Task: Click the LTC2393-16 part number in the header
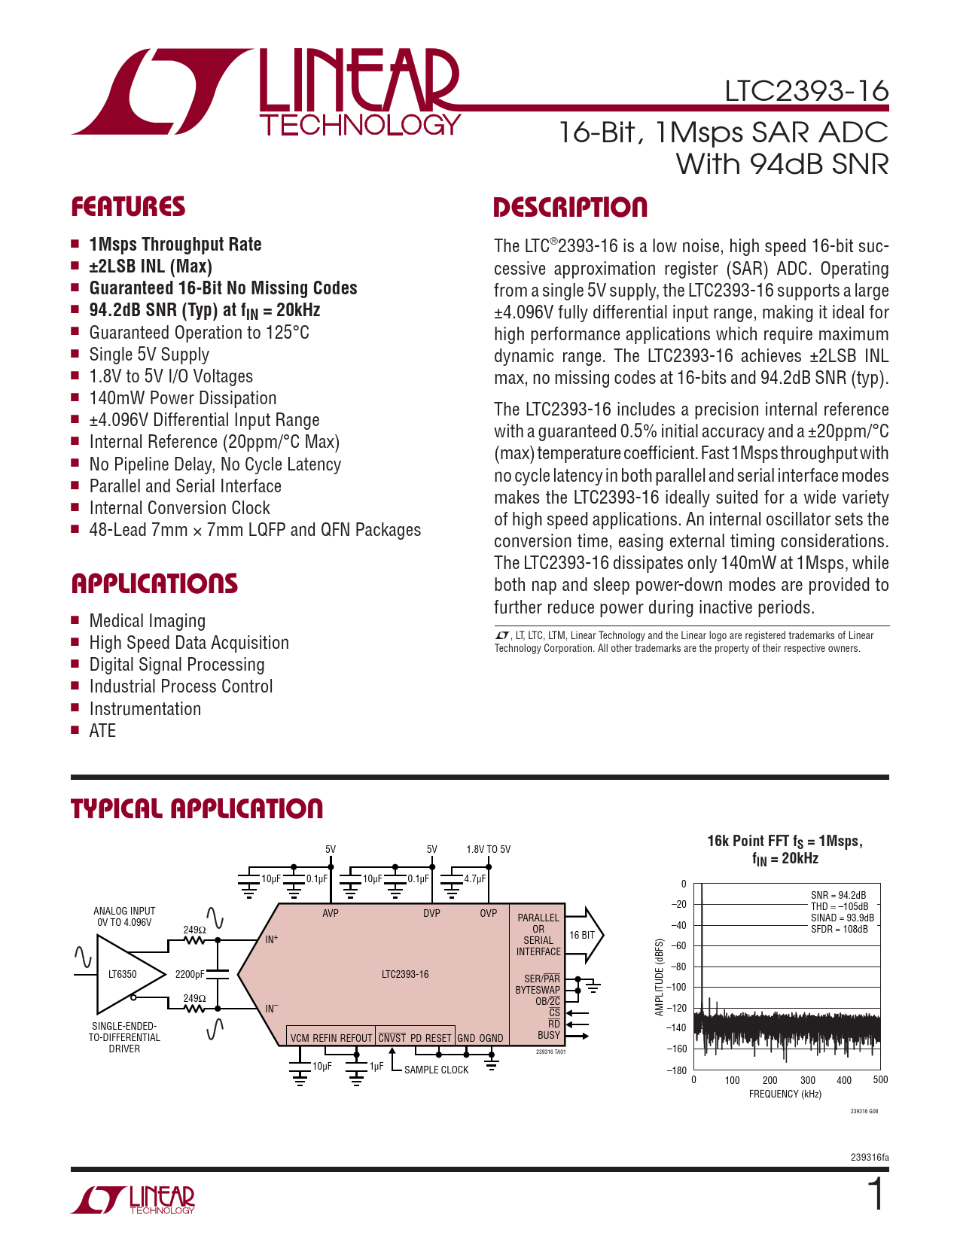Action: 806,91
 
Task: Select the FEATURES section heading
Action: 128,207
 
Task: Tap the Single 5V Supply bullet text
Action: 149,355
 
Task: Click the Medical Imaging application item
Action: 147,621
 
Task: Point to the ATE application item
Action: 102,731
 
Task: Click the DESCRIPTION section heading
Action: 570,208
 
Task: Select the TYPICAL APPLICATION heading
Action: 197,809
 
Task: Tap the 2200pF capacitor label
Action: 189,974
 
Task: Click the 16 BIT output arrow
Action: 584,935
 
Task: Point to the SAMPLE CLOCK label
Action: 436,1070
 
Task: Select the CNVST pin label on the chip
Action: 392,1038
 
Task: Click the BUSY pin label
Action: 548,1035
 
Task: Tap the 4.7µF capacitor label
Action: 475,878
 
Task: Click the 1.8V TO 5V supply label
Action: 488,849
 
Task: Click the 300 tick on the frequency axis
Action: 807,1080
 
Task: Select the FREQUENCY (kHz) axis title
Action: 785,1094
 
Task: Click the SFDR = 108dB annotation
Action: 839,929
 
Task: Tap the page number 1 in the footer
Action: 876,1195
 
